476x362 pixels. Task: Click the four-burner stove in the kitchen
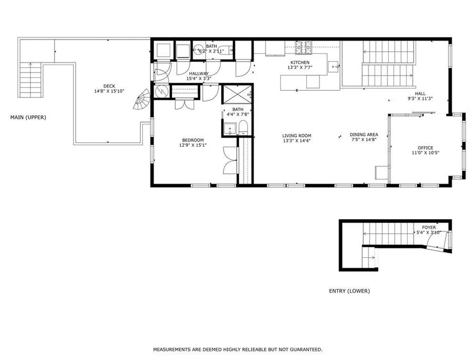pos(304,48)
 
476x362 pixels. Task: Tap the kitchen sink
pos(334,66)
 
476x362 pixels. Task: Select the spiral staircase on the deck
pos(141,99)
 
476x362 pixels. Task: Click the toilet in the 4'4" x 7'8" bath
pos(243,127)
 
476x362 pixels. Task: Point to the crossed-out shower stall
pos(237,95)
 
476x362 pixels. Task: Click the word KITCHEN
pos(300,62)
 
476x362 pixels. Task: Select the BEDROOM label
pos(193,140)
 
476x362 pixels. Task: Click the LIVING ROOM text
pos(297,135)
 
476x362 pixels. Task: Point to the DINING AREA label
pos(364,134)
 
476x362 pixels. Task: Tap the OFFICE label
pos(426,148)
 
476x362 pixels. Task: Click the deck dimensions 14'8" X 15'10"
pos(109,91)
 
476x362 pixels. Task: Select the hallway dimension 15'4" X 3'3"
pos(199,78)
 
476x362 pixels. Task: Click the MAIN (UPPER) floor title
pos(28,117)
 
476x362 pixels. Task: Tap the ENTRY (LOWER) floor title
pos(350,291)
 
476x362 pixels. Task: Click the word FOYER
pos(428,228)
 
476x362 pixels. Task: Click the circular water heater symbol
pos(161,91)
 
